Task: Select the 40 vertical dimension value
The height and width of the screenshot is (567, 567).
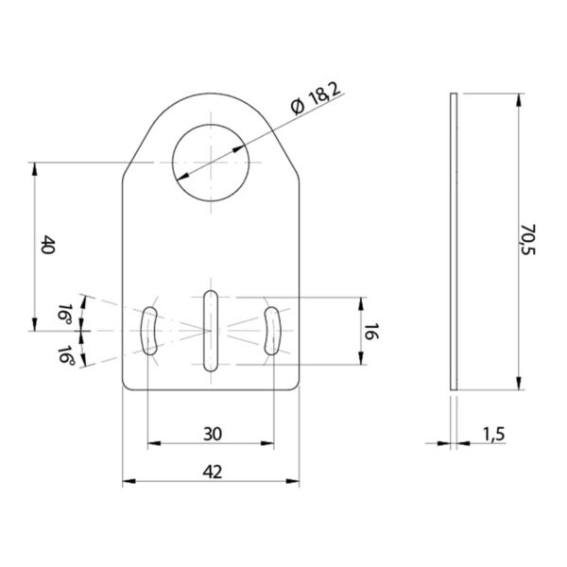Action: coord(47,245)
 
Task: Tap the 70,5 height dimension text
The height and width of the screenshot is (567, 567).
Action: coord(528,239)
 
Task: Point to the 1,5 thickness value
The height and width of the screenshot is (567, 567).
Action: coord(494,434)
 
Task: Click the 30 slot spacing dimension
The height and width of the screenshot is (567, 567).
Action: coord(213,434)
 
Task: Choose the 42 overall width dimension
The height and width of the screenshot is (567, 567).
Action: coord(213,472)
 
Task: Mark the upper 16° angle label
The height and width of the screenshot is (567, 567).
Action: coord(65,313)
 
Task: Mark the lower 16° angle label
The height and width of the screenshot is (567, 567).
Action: coord(65,354)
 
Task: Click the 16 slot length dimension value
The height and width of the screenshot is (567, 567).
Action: coord(371,332)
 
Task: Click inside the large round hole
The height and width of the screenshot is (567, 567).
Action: coord(211,163)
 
